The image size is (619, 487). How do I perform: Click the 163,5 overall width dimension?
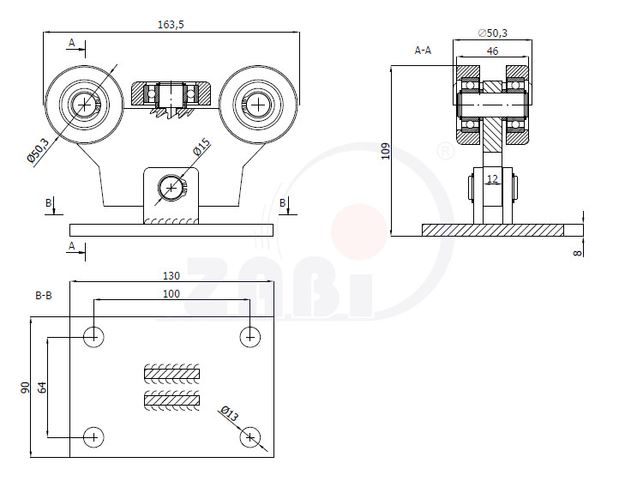171,25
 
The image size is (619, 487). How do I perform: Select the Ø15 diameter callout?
201,147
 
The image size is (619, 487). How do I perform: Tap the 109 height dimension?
385,151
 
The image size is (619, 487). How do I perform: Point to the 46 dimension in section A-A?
492,51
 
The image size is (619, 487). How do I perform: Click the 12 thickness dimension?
492,179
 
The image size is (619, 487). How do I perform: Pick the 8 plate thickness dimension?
578,253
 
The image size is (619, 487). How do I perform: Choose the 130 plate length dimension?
171,275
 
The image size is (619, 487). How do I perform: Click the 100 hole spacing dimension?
171,293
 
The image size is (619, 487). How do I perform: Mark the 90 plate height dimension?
25,388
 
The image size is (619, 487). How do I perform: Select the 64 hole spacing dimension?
42,388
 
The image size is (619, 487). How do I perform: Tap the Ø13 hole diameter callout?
230,413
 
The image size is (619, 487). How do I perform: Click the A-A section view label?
423,50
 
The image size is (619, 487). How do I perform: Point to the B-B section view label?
44,295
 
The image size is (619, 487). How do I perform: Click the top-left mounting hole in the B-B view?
93,337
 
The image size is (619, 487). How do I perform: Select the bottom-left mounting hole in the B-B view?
93,437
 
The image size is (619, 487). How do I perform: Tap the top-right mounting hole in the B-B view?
250,337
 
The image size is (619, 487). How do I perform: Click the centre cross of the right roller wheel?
258,105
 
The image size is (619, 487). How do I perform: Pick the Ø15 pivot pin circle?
171,188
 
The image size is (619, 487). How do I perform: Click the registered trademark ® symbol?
446,152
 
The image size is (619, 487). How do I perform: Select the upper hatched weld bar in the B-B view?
171,373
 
